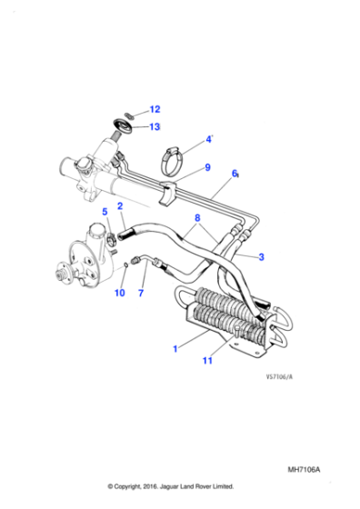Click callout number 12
(x=154, y=110)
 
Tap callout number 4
(x=207, y=140)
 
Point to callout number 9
(x=207, y=167)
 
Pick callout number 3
(x=262, y=257)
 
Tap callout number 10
(x=119, y=293)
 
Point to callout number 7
(x=141, y=293)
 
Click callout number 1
(x=175, y=348)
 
